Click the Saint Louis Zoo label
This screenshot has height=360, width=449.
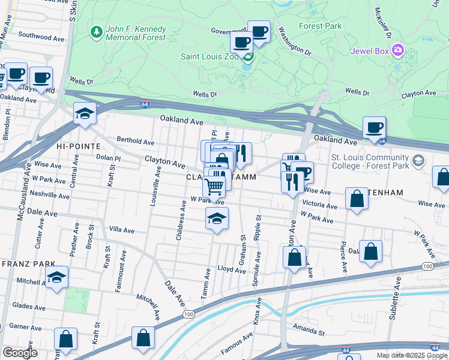click(x=209, y=56)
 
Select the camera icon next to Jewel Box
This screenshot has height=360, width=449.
click(x=397, y=49)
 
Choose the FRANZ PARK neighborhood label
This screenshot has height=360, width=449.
click(x=28, y=263)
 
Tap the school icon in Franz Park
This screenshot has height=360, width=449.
click(x=57, y=277)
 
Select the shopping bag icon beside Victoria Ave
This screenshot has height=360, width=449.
click(x=357, y=200)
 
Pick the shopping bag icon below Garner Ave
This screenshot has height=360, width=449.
click(x=65, y=339)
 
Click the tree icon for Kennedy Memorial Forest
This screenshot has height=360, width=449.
click(x=95, y=30)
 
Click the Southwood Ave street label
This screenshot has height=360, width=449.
click(x=41, y=37)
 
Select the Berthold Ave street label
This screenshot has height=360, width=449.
click(x=136, y=142)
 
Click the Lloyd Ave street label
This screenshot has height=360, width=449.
click(x=232, y=270)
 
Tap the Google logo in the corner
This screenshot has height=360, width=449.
click(x=19, y=353)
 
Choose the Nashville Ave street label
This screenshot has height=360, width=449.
click(x=51, y=194)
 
